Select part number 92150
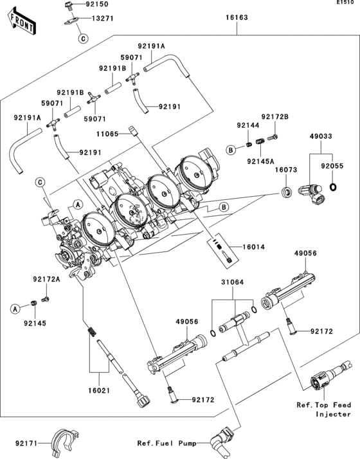(98, 4)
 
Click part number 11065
(109, 134)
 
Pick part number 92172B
(276, 116)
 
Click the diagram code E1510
(346, 4)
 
